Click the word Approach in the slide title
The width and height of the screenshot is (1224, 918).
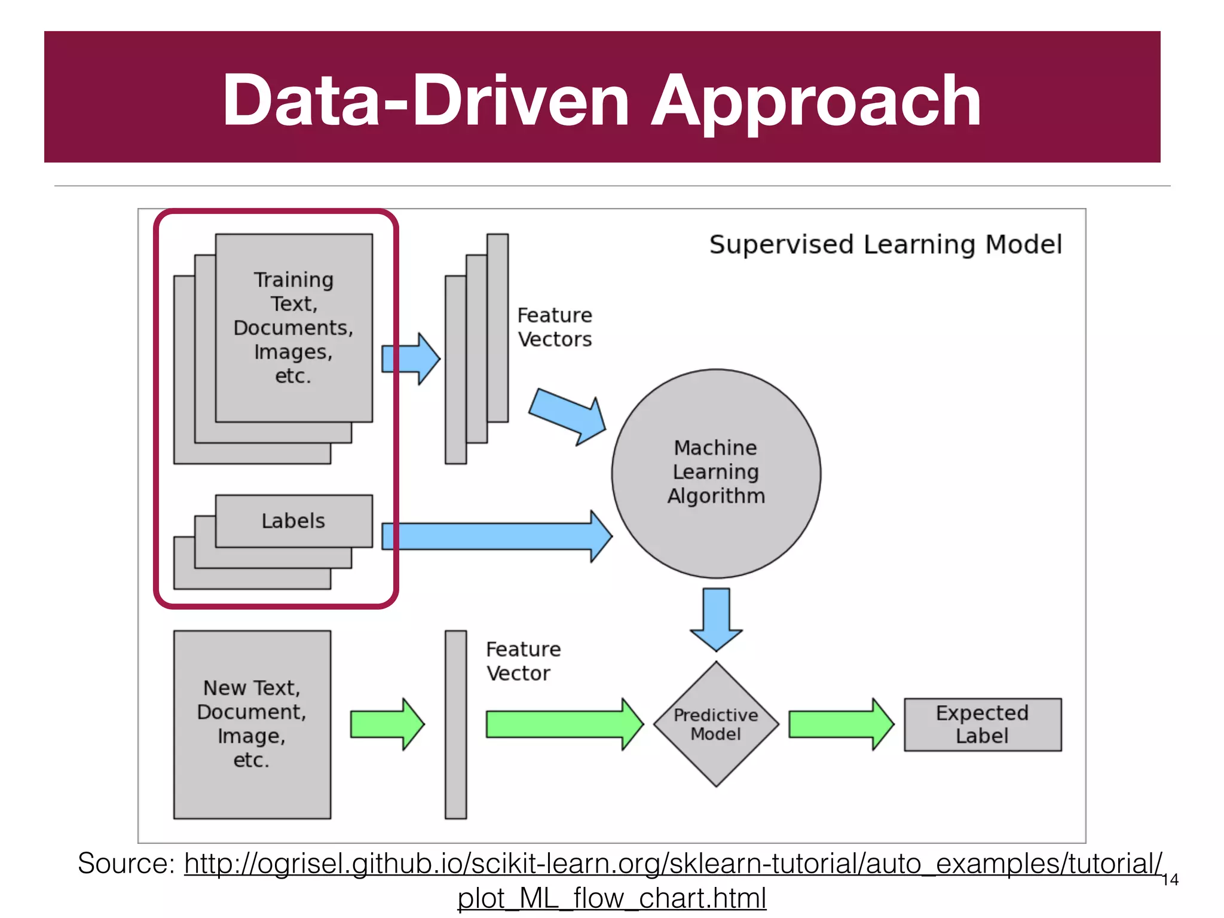816,102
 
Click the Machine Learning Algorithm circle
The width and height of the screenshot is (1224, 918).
716,473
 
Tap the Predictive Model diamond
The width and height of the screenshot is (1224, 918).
716,724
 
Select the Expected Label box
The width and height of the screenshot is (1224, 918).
982,724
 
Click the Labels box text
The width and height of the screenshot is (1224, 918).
293,521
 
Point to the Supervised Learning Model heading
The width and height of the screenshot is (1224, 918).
885,245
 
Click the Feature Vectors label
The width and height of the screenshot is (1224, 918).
554,327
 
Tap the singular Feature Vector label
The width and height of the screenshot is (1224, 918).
522,661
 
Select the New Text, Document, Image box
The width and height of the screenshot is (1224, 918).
252,724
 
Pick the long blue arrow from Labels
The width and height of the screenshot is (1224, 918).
496,536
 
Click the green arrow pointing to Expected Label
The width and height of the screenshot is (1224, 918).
840,724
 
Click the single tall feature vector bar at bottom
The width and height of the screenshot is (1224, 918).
455,724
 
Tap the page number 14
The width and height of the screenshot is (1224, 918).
1170,880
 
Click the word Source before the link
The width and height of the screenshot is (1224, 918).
126,864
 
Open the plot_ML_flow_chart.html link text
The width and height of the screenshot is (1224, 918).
611,898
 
